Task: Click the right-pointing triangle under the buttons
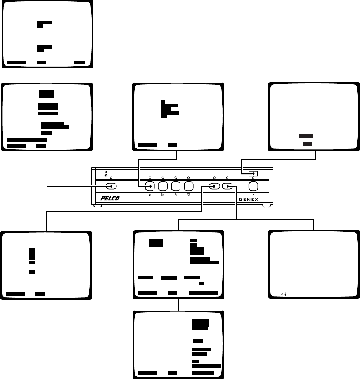pos(163,195)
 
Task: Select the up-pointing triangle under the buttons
pos(176,195)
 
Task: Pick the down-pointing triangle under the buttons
pos(189,195)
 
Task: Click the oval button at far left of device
pos(111,186)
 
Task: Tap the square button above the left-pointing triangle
pos(150,186)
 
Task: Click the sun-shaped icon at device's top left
pos(106,174)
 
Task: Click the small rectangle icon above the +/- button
pos(253,173)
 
